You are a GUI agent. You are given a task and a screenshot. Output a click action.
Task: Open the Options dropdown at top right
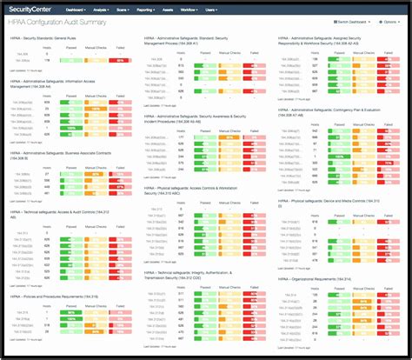tap(388, 22)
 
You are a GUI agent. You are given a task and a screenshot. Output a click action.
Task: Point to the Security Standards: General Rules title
tap(50, 39)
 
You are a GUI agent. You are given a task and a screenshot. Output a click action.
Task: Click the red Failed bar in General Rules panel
tap(120, 59)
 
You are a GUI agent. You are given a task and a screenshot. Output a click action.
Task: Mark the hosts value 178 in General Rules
tap(46, 59)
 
